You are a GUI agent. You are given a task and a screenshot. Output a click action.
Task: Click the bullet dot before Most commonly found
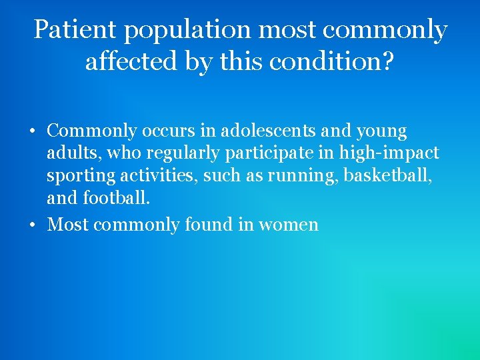[31, 225]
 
